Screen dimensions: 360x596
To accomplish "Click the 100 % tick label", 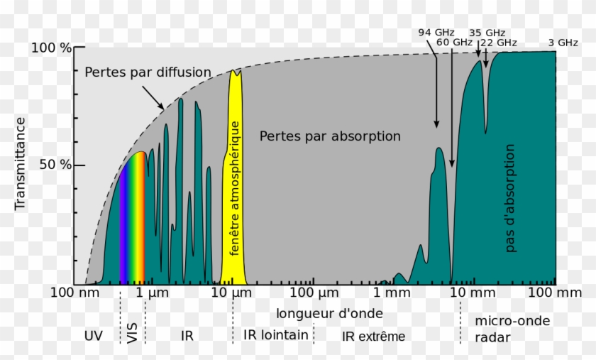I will pos(50,48).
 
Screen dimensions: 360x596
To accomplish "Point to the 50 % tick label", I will pos(55,165).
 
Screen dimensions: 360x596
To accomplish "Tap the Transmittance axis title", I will pos(20,163).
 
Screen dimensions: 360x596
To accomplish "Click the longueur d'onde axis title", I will pos(329,313).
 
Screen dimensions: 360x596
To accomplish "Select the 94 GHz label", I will pos(435,32).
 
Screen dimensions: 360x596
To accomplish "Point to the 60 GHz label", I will pos(454,42).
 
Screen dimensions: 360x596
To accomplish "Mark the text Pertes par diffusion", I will pos(148,72).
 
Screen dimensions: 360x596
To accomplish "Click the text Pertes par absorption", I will pos(330,136).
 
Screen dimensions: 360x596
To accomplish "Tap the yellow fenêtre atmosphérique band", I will pos(234,178).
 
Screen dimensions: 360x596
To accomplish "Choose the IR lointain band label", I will pos(276,334).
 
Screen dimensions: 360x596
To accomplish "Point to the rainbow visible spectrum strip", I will pos(133,220).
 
